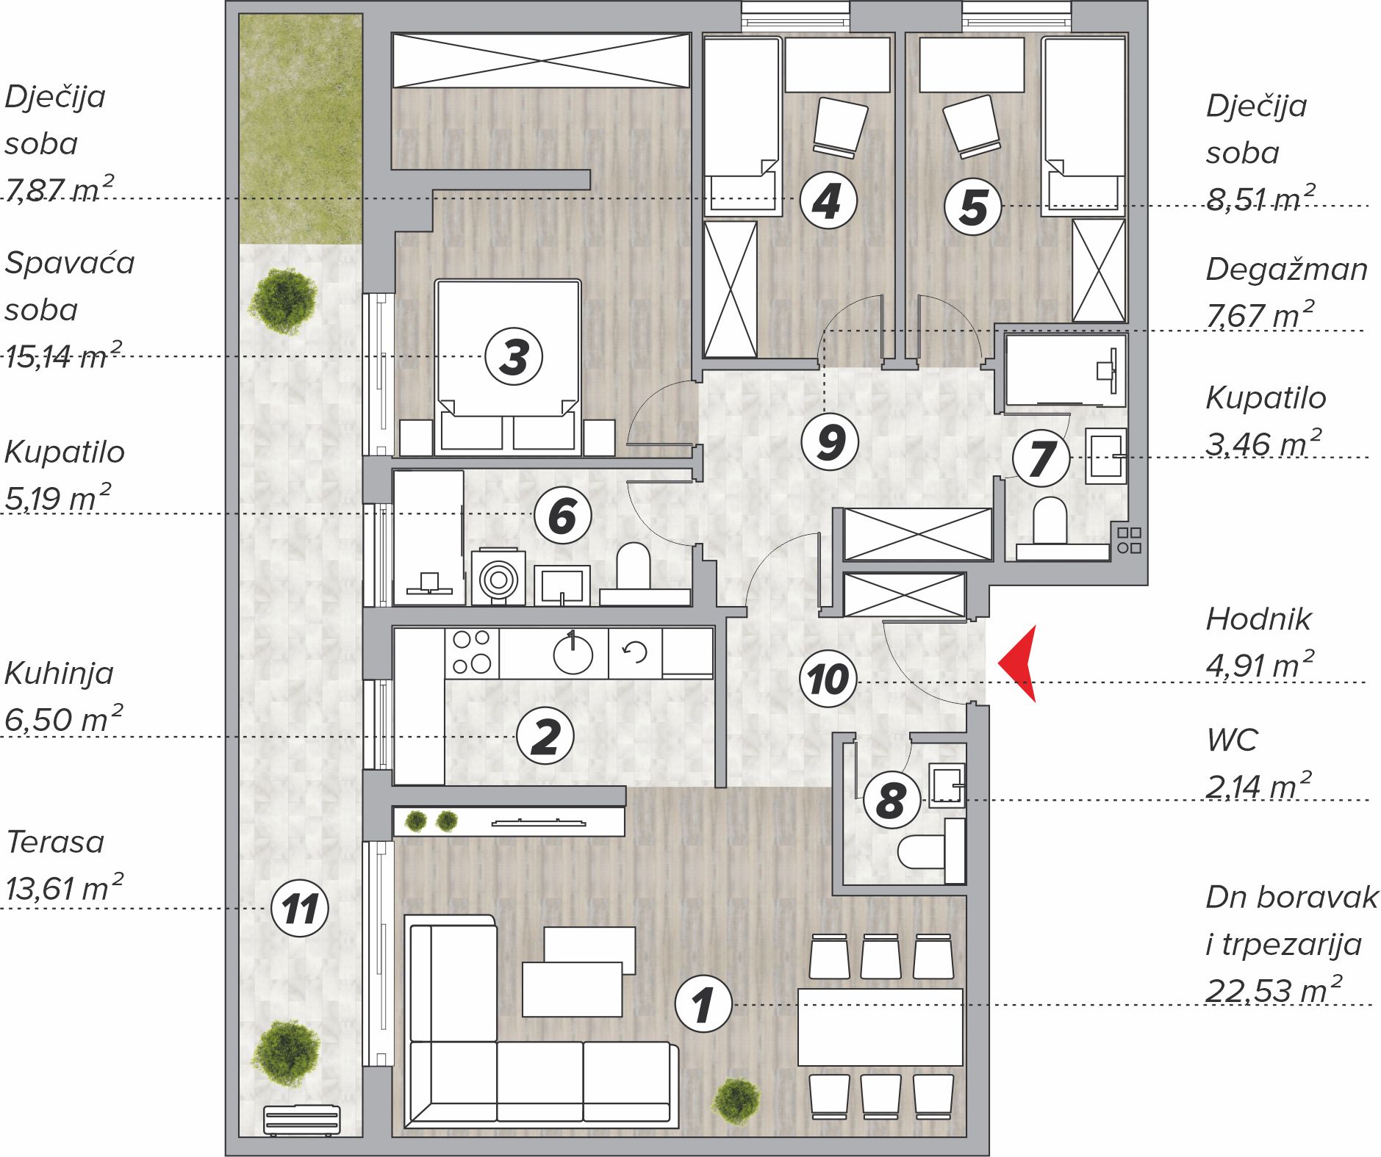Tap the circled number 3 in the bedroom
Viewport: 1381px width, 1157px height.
pyautogui.click(x=514, y=357)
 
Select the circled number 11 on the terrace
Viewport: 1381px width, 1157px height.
pyautogui.click(x=299, y=908)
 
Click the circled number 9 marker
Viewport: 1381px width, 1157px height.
pyautogui.click(x=830, y=441)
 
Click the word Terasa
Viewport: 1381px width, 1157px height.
pyautogui.click(x=55, y=842)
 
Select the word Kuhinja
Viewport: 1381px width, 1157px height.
pyautogui.click(x=59, y=673)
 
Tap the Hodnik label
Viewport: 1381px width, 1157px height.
pyautogui.click(x=1258, y=619)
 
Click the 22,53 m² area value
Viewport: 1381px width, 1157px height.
pyautogui.click(x=1274, y=990)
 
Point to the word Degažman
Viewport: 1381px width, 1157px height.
pyautogui.click(x=1287, y=269)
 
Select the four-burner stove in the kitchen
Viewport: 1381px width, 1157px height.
pyautogui.click(x=472, y=652)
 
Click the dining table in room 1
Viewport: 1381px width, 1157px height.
pyautogui.click(x=880, y=1027)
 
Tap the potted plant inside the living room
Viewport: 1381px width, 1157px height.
pyautogui.click(x=736, y=1101)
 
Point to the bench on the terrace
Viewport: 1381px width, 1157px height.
pyautogui.click(x=301, y=1120)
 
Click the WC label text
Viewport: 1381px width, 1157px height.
pyautogui.click(x=1232, y=740)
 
